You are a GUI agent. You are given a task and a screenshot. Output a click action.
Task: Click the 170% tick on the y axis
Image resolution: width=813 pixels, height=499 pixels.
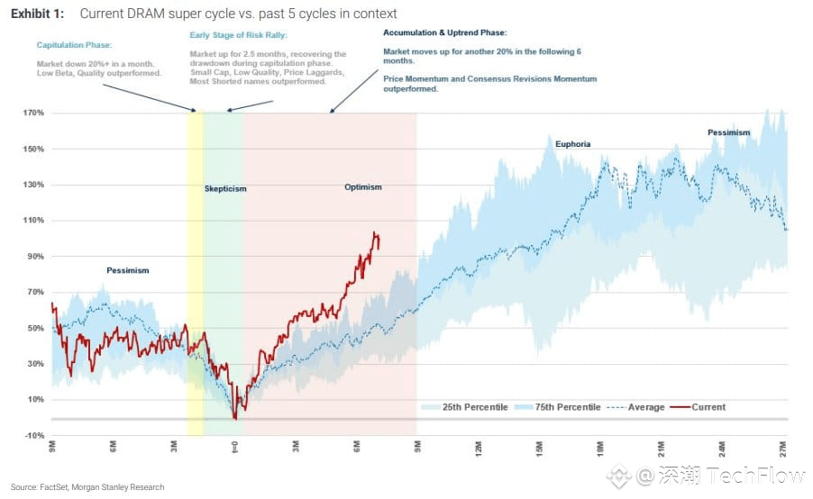click(33, 113)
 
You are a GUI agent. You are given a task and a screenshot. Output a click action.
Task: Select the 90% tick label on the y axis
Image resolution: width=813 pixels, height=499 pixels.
click(35, 257)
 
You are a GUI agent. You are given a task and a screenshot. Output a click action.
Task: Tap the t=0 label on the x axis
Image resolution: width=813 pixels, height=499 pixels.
click(234, 448)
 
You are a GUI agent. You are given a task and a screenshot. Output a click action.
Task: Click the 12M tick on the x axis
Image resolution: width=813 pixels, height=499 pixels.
click(479, 448)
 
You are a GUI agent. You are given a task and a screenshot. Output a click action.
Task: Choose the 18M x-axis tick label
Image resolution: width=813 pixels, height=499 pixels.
click(600, 448)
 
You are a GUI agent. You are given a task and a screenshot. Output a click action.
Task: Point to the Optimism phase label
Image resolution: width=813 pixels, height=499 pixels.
click(362, 187)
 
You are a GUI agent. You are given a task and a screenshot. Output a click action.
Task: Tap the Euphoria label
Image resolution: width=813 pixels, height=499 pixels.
click(573, 144)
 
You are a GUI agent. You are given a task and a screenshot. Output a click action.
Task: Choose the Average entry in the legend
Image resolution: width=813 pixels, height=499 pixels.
click(645, 407)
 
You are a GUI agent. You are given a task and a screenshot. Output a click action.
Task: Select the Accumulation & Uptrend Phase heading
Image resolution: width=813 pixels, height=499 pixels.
click(444, 32)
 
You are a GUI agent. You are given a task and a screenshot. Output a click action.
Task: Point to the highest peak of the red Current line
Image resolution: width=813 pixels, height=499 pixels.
click(375, 232)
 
